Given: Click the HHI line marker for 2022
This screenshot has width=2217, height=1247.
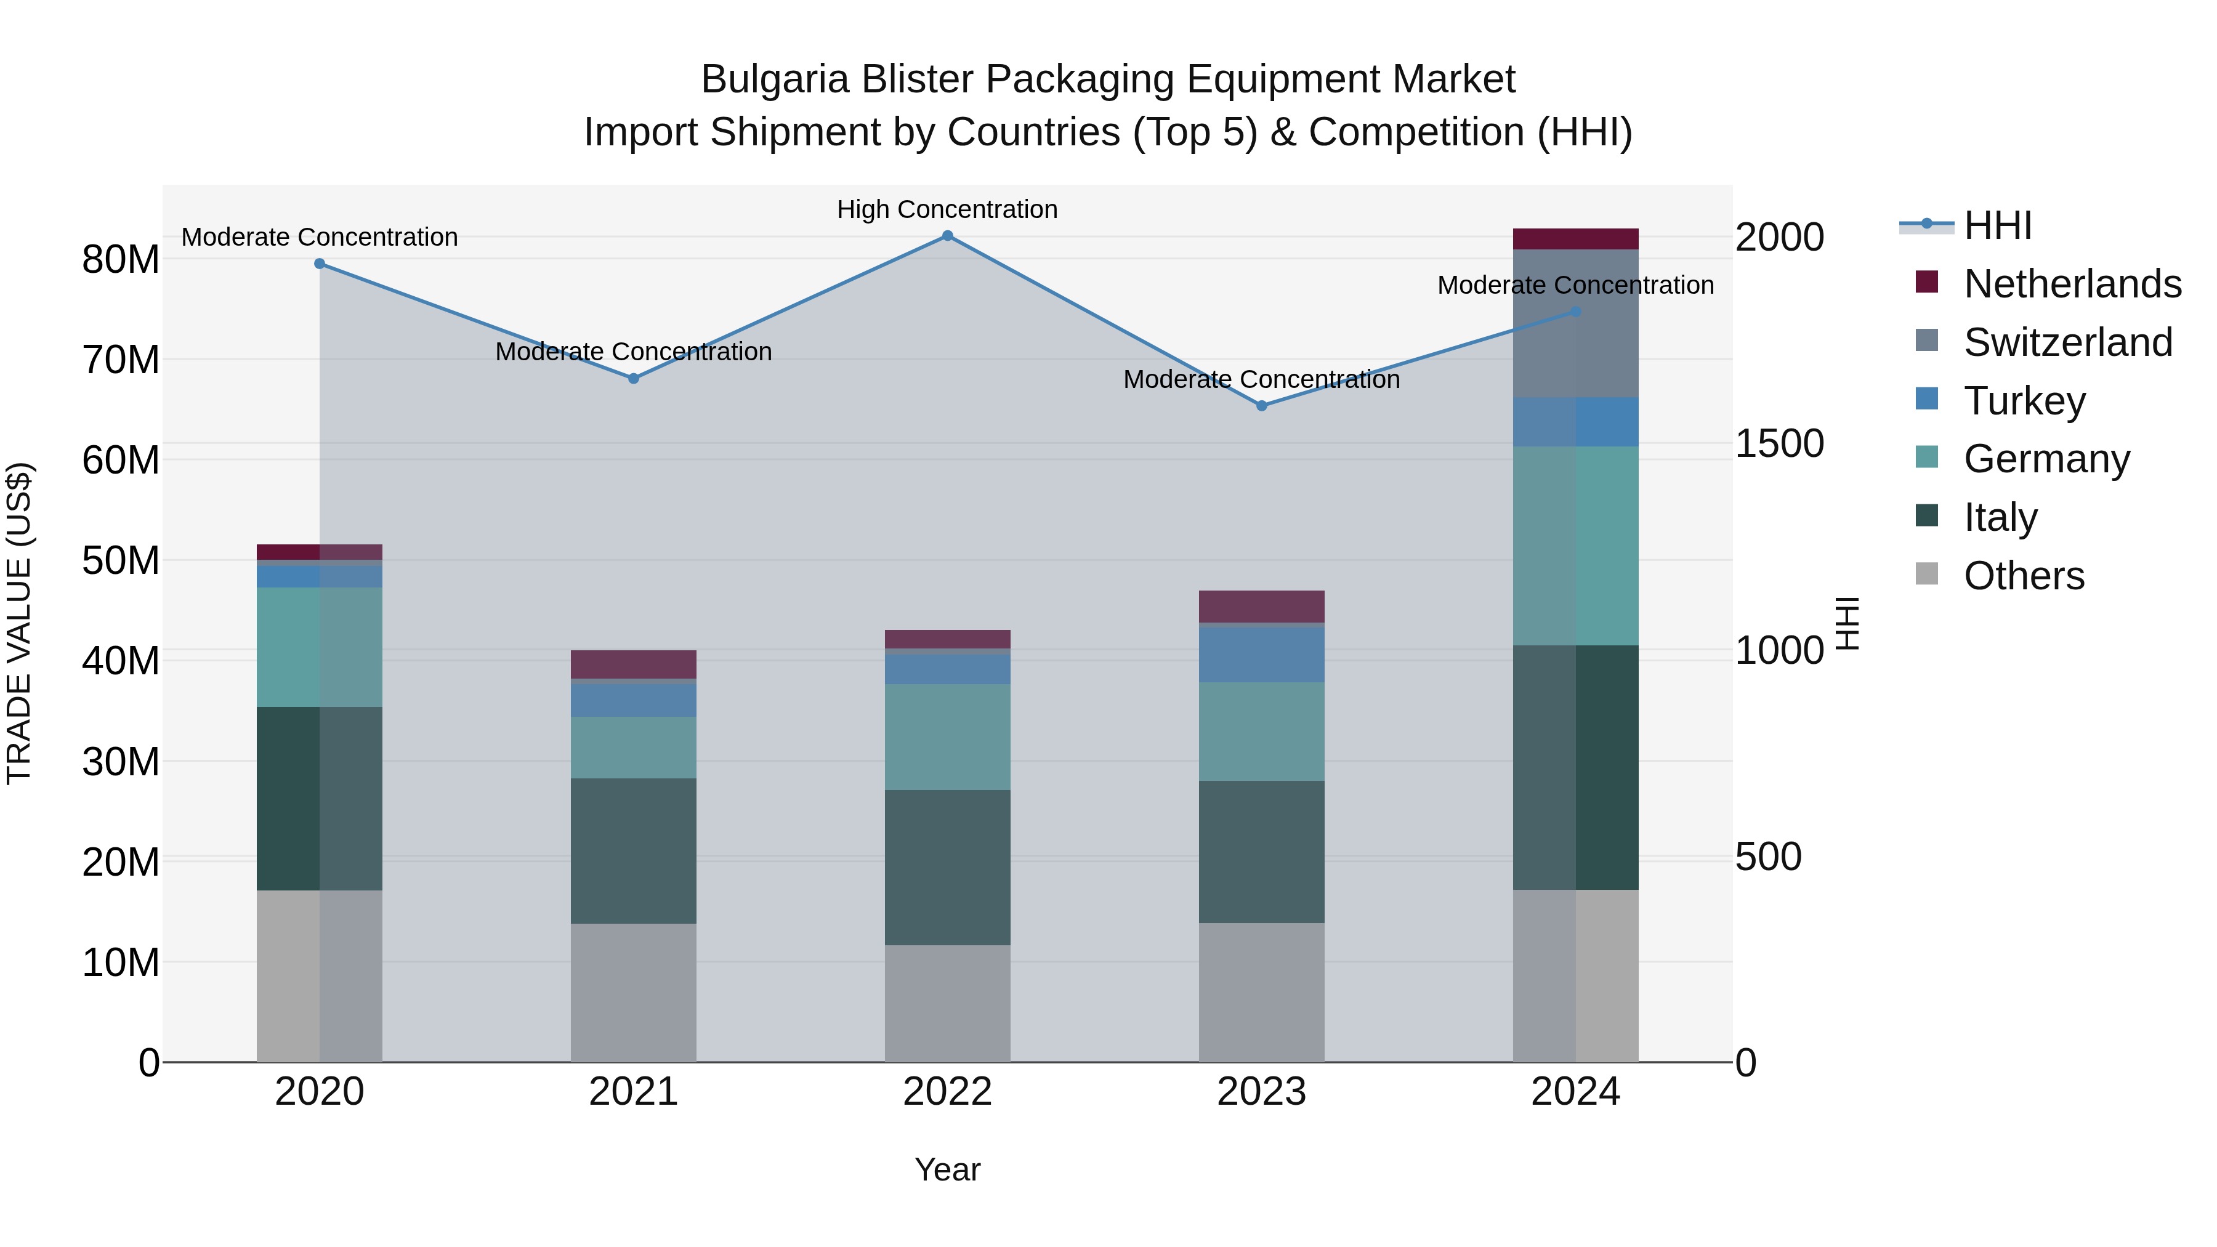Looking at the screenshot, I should pyautogui.click(x=948, y=236).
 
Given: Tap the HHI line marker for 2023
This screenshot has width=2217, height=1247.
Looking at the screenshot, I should pyautogui.click(x=1262, y=405).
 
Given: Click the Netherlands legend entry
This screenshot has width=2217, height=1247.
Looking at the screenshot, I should pyautogui.click(x=2072, y=284).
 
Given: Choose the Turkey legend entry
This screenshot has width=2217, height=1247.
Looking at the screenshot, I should pyautogui.click(x=2024, y=401).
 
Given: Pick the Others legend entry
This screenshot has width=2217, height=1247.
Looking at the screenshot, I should pyautogui.click(x=2024, y=576).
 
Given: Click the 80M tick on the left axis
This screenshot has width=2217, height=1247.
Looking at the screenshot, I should pyautogui.click(x=121, y=259).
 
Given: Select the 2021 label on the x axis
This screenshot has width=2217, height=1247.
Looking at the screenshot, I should pyautogui.click(x=634, y=1092).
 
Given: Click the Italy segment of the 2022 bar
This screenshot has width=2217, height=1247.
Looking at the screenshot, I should pyautogui.click(x=948, y=868).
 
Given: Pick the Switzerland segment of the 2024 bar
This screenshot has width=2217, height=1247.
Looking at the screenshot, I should pyautogui.click(x=1576, y=323).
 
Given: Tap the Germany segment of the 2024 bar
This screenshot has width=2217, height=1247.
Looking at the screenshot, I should pyautogui.click(x=1576, y=546).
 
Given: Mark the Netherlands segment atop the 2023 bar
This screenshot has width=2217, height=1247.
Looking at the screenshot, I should pyautogui.click(x=1262, y=606).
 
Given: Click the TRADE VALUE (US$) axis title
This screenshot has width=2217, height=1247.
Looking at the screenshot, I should pyautogui.click(x=19, y=623).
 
